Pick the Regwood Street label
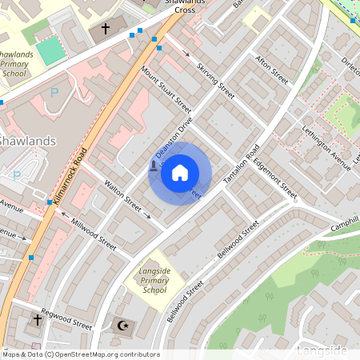(x=67, y=318)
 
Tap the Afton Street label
(x=271, y=69)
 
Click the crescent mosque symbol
(x=122, y=326)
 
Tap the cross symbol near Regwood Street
(x=37, y=320)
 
